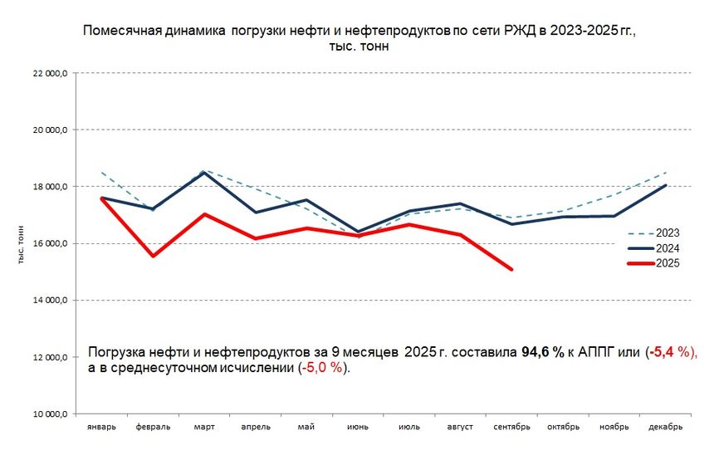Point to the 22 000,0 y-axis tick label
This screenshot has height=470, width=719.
tap(51, 73)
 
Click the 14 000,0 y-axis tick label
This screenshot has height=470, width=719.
tap(51, 300)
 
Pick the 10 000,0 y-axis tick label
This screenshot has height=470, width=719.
tap(51, 414)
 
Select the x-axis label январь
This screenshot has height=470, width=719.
tap(101, 427)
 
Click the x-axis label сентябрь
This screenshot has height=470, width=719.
tap(511, 427)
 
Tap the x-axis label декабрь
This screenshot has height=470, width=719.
tap(665, 427)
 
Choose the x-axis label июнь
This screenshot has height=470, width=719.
tap(358, 427)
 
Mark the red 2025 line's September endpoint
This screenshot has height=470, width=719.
tap(511, 269)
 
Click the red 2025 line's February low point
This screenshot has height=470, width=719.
tap(153, 256)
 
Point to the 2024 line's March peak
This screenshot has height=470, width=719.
tap(204, 173)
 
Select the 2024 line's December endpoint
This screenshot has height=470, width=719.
tap(666, 185)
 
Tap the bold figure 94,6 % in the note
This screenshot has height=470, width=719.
tap(542, 353)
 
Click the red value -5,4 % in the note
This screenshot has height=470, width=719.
tap(671, 353)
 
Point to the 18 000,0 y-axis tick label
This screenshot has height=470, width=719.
tap(51, 187)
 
